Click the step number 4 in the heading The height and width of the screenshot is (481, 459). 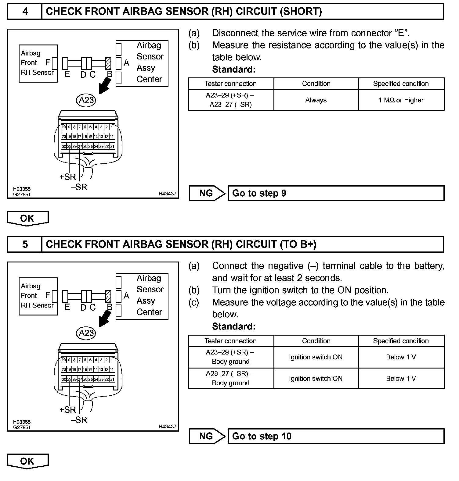25,12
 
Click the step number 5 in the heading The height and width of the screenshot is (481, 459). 25,244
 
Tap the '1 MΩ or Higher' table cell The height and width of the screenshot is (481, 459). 401,100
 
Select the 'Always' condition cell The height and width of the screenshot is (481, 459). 316,100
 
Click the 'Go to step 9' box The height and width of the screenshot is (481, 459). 336,193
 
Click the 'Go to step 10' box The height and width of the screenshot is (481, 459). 336,436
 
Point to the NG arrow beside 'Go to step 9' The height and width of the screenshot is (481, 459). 207,193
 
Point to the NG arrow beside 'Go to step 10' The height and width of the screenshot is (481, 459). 207,436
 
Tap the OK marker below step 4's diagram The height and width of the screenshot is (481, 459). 27,218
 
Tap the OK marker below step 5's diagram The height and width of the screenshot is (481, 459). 27,461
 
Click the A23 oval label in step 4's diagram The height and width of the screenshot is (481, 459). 86,100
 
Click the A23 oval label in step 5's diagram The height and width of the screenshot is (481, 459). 86,333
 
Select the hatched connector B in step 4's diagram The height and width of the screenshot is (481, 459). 108,63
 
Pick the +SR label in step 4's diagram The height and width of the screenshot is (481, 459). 67,177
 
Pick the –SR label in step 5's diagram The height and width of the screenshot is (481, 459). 79,420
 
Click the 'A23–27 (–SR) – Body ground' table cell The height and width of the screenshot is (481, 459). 231,378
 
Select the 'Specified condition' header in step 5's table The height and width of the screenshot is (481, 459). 401,341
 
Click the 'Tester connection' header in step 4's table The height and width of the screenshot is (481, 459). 231,84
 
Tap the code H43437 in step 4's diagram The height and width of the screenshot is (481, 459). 167,194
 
